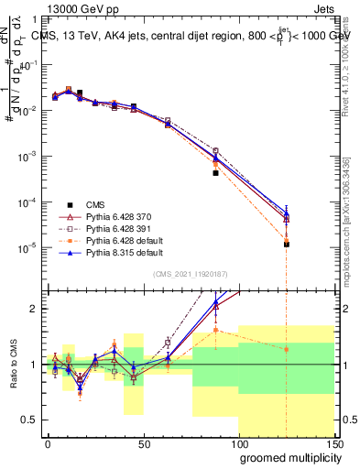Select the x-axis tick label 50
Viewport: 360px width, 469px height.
(x=143, y=444)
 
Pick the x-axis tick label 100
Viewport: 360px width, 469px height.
(x=238, y=444)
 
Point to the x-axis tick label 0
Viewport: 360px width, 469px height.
(x=48, y=444)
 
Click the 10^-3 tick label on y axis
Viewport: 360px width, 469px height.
(x=27, y=157)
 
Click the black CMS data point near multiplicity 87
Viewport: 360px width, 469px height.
(x=215, y=172)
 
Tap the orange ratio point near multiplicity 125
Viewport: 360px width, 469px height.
(x=287, y=349)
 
